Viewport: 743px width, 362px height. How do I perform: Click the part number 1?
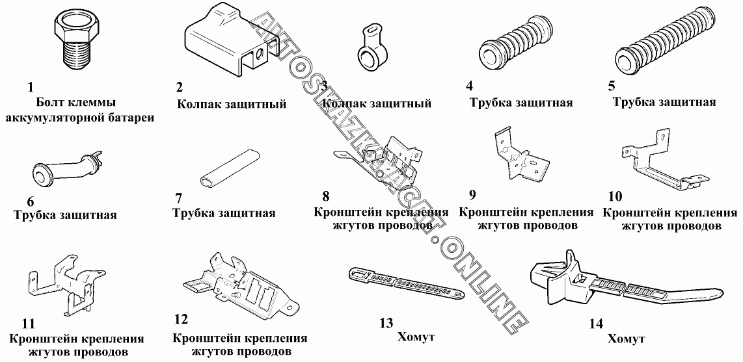point(30,86)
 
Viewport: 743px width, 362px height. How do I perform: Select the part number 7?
point(179,198)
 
